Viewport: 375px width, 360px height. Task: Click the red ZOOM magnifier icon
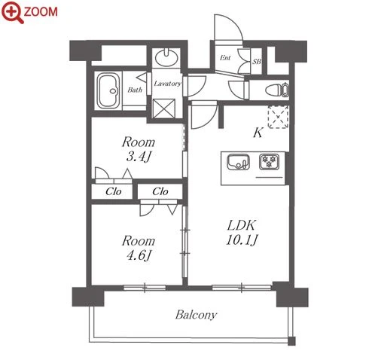click(12, 12)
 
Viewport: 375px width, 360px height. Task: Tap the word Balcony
click(196, 315)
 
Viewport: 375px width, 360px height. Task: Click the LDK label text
click(241, 225)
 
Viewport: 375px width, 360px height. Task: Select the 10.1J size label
click(242, 240)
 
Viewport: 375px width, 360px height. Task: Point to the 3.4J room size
click(139, 157)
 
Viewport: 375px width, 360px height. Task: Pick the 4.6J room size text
click(139, 256)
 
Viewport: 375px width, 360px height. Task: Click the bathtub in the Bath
click(108, 91)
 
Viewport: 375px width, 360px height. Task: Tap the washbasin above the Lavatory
click(166, 57)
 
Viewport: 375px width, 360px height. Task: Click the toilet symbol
click(277, 90)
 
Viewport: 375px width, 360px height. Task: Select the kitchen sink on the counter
click(238, 162)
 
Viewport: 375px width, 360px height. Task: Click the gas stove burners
click(269, 162)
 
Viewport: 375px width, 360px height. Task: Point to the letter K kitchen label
click(258, 133)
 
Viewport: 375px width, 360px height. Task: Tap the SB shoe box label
click(257, 61)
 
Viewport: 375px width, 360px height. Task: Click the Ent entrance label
click(225, 58)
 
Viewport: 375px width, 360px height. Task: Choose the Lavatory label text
click(167, 84)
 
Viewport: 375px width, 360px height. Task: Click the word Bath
click(135, 90)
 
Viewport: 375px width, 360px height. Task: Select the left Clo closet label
click(114, 191)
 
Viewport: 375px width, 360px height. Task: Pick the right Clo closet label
click(160, 191)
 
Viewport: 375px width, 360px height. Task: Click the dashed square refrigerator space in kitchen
click(278, 117)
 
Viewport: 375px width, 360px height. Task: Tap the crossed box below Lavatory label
click(164, 108)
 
